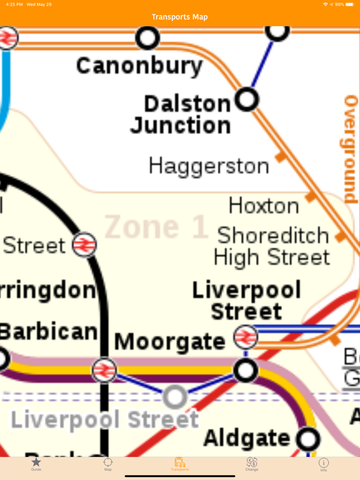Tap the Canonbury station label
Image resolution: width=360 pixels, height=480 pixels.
click(139, 65)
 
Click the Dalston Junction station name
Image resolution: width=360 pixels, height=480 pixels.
click(180, 114)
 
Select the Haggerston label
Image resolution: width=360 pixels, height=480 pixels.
click(209, 166)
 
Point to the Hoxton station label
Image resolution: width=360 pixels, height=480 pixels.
click(263, 206)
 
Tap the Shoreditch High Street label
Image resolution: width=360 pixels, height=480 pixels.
click(272, 246)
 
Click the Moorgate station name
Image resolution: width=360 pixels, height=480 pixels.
click(169, 342)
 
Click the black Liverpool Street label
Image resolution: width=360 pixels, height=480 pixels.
click(246, 301)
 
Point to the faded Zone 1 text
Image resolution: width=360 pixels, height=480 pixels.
click(156, 227)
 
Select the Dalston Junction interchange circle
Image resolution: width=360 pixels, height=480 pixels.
click(247, 99)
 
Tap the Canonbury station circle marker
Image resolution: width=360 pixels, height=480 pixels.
click(148, 38)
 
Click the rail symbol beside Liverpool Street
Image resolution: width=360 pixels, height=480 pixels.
click(246, 337)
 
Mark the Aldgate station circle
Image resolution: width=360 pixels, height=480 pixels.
click(307, 439)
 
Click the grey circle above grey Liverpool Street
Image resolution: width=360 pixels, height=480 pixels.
click(175, 396)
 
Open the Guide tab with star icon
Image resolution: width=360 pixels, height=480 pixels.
click(36, 464)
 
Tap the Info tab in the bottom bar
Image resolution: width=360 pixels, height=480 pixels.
click(323, 464)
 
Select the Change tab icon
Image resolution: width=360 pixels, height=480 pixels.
click(252, 464)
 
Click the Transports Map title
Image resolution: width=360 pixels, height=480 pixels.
click(180, 17)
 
